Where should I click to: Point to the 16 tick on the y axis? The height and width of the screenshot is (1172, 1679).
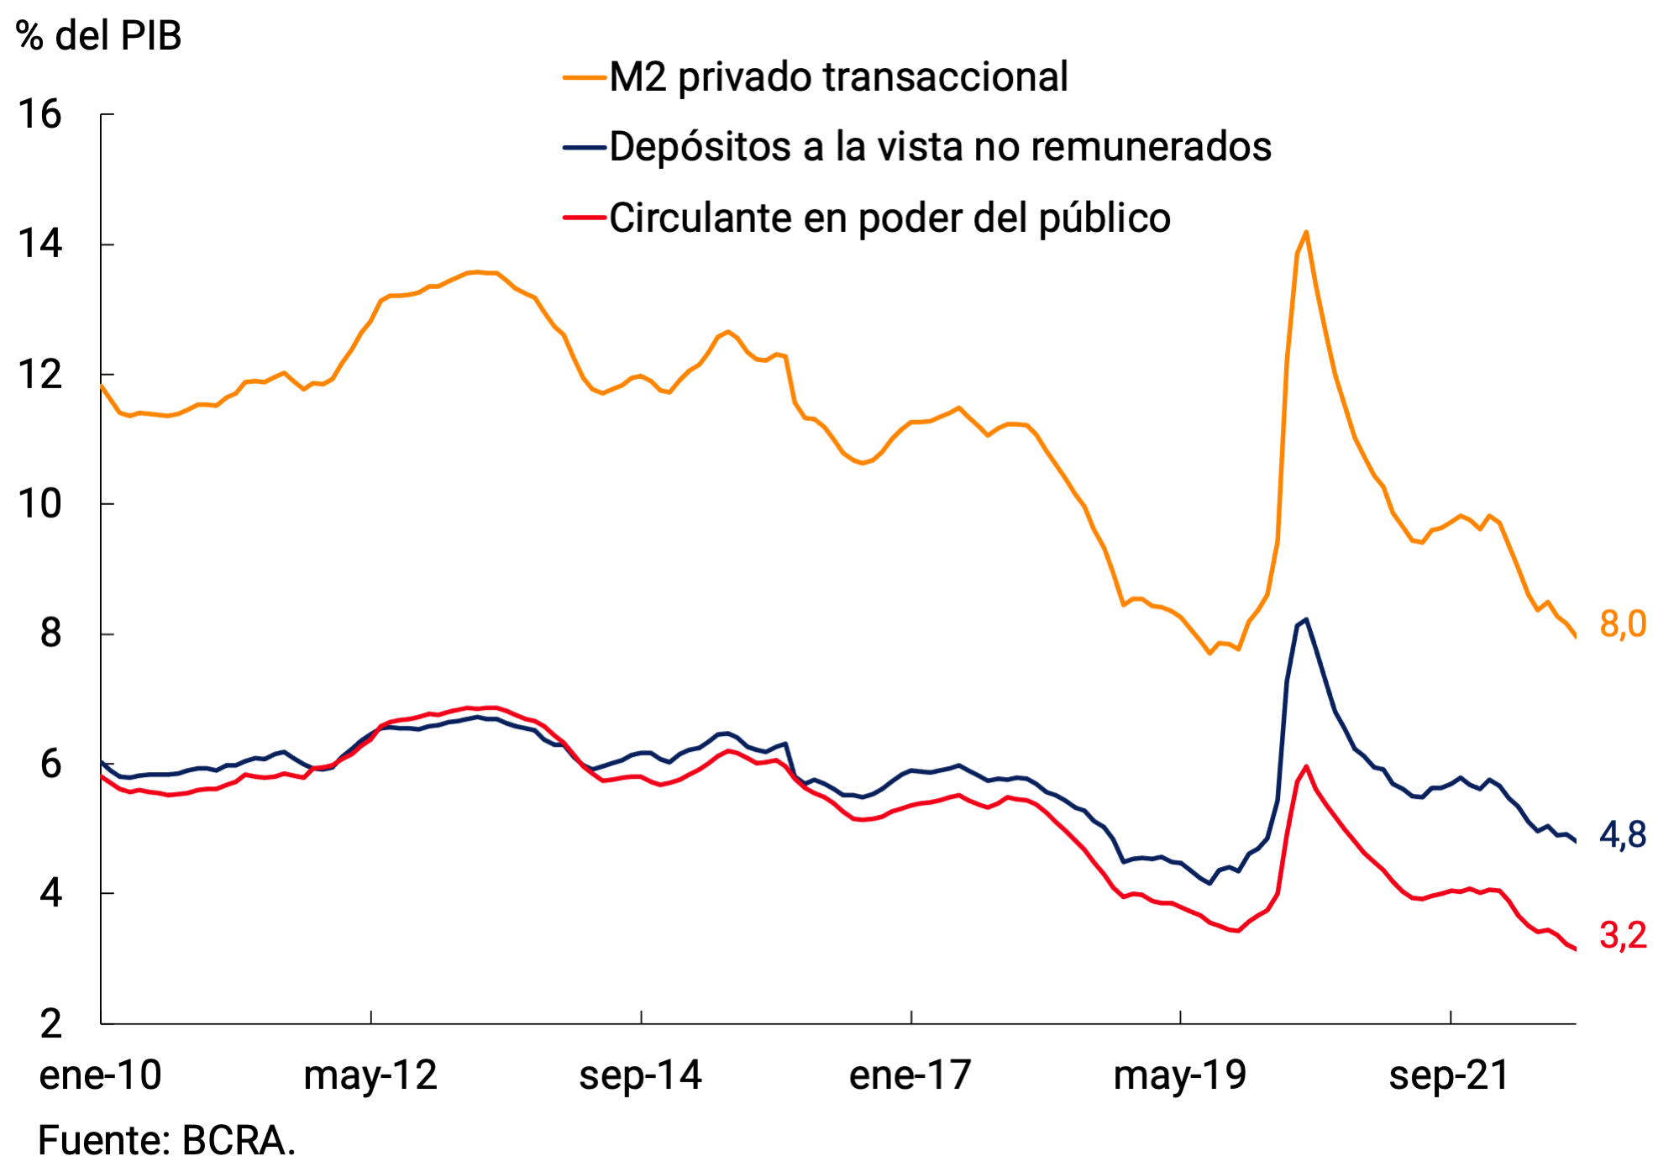[x=39, y=114]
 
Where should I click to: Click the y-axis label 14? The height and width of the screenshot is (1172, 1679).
[x=39, y=244]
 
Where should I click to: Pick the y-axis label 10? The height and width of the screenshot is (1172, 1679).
[x=39, y=504]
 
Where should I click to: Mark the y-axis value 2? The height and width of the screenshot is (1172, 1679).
[x=50, y=1024]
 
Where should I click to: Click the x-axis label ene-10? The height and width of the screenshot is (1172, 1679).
[x=100, y=1075]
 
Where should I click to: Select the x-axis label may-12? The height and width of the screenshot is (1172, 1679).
[x=370, y=1075]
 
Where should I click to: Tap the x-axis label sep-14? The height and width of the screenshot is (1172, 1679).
[x=640, y=1075]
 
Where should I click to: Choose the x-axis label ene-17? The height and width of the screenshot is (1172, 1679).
[x=910, y=1075]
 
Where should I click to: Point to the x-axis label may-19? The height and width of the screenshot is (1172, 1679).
[x=1180, y=1075]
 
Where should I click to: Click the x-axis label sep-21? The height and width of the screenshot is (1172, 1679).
[x=1450, y=1075]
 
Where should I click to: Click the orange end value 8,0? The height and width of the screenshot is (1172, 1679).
[x=1623, y=624]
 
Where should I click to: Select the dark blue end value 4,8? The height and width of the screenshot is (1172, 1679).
[x=1623, y=835]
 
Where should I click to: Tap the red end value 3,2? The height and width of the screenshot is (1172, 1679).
[x=1623, y=936]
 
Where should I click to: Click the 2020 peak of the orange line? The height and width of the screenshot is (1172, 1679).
[x=1306, y=232]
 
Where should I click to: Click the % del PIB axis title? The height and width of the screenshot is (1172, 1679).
[x=98, y=36]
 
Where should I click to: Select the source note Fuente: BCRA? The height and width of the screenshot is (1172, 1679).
[x=166, y=1141]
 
